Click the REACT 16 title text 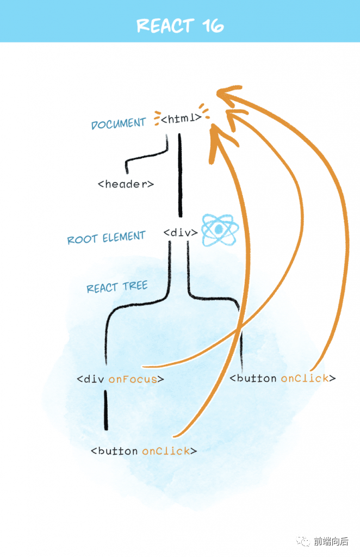click(180, 26)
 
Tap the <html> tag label click(181, 118)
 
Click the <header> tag click(126, 184)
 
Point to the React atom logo click(220, 230)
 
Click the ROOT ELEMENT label click(106, 237)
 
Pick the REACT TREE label click(117, 287)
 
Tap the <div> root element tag click(181, 233)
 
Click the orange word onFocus click(133, 379)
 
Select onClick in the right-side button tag click(305, 379)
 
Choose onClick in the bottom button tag click(166, 451)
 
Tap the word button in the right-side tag click(257, 379)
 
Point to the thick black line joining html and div click(180, 175)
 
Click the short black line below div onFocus click(106, 410)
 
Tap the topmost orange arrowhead click(228, 93)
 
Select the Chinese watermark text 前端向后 click(331, 541)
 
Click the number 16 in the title click(213, 26)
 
